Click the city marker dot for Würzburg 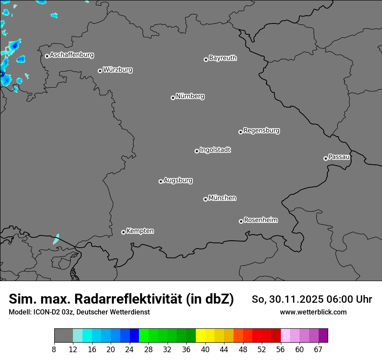pos(100,71)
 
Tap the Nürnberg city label pos(190,96)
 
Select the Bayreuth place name pos(223,58)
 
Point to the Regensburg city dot pos(240,132)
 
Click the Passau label pos(339,157)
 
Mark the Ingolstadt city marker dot pos(197,151)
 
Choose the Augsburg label pos(178,180)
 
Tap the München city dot pos(205,200)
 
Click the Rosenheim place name pos(260,220)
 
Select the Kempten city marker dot pos(123,232)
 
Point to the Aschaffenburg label pos(72,55)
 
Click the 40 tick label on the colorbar pos(205,350)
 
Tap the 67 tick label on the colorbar pos(318,350)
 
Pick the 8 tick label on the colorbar pos(54,350)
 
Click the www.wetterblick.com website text pos(313,312)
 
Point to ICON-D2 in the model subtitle pos(48,312)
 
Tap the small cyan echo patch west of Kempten pos(56,239)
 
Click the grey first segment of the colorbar pos(63,336)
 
